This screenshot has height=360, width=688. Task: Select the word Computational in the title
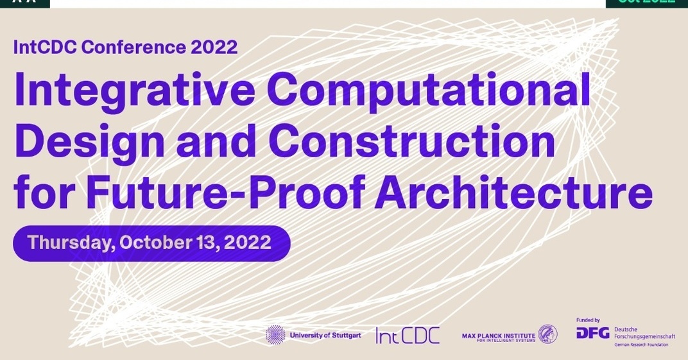pos(428,90)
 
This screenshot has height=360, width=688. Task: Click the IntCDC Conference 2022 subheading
pos(126,47)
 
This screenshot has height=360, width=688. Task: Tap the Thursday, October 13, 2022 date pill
pos(151,243)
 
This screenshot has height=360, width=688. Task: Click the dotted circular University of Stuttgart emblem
pos(275,334)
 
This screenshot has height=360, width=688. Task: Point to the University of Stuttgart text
pos(325,335)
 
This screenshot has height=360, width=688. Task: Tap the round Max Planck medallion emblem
pos(547,334)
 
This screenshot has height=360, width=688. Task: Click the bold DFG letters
pos(592,333)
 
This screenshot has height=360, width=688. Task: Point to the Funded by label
pos(588,320)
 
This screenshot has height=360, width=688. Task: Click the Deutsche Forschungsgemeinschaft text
pos(644,332)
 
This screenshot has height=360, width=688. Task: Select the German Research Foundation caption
pos(641,345)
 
